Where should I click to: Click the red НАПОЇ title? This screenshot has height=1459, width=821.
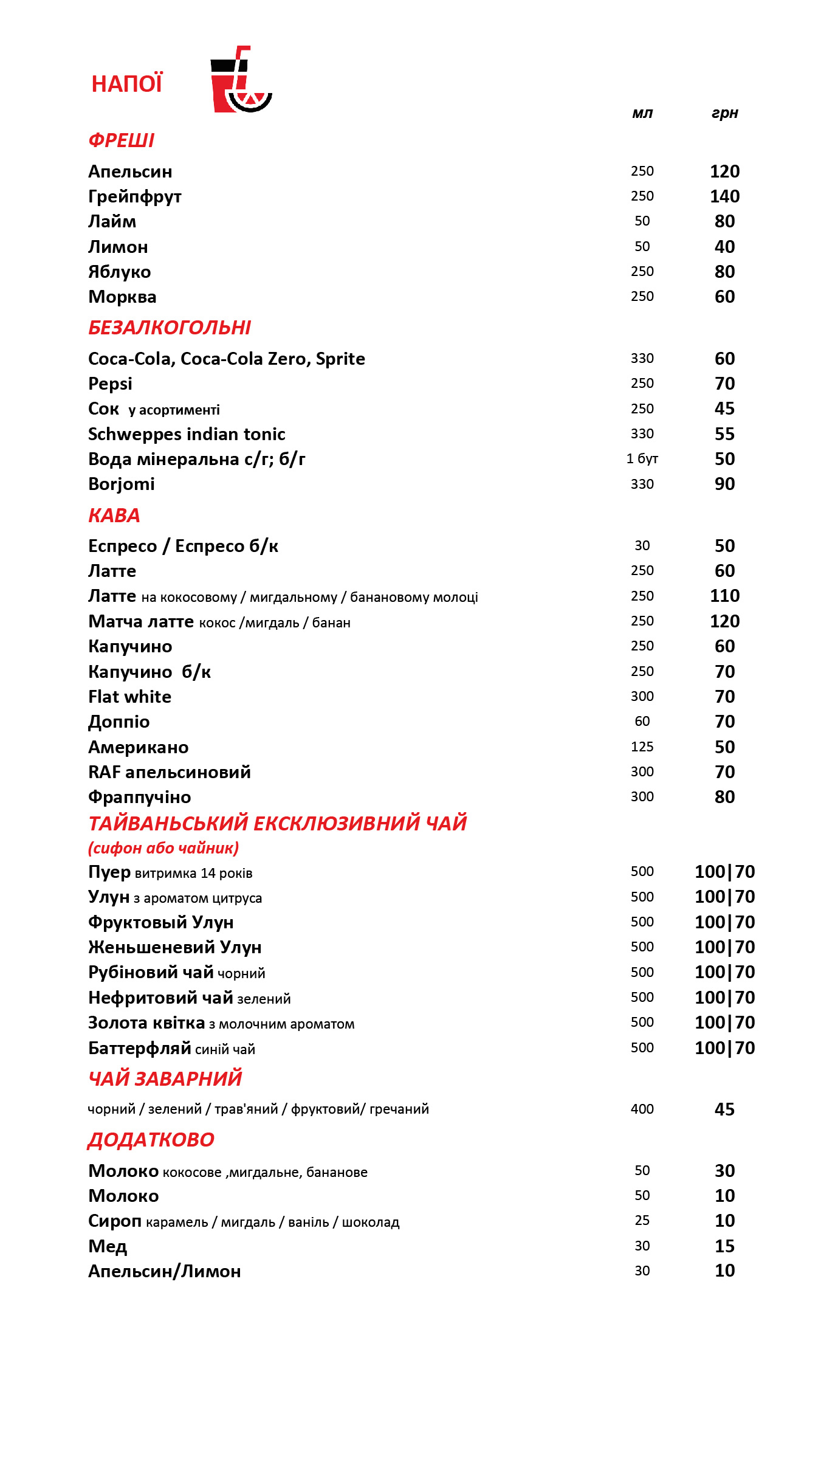pos(127,84)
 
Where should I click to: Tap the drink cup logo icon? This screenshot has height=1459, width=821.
pos(240,80)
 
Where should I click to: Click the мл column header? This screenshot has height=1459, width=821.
pos(642,113)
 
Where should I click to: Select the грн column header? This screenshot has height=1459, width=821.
pos(724,113)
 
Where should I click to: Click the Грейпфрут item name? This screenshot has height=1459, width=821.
pos(135,197)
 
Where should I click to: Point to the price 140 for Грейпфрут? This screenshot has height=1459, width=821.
pos(724,196)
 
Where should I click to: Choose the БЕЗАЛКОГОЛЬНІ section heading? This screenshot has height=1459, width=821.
pos(170,328)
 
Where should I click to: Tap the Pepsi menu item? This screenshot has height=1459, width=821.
pos(110,384)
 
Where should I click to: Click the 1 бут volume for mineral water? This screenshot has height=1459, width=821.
pos(642,458)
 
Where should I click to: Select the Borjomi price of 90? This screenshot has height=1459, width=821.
pos(724,484)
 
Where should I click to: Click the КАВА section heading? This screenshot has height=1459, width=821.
pos(114,516)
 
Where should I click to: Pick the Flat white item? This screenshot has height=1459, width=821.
pos(129,697)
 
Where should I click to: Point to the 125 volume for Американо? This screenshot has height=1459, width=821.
pos(642,747)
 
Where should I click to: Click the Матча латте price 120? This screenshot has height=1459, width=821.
pos(724,621)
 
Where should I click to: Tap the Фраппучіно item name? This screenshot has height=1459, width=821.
pos(140,797)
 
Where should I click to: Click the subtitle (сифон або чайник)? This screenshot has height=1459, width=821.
pos(163,848)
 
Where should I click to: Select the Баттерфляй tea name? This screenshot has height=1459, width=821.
pos(140,1048)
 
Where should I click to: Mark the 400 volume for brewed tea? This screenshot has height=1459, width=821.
pos(642,1109)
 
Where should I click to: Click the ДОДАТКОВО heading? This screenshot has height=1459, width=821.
pos(151,1140)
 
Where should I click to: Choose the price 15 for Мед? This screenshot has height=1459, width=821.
pos(724,1246)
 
